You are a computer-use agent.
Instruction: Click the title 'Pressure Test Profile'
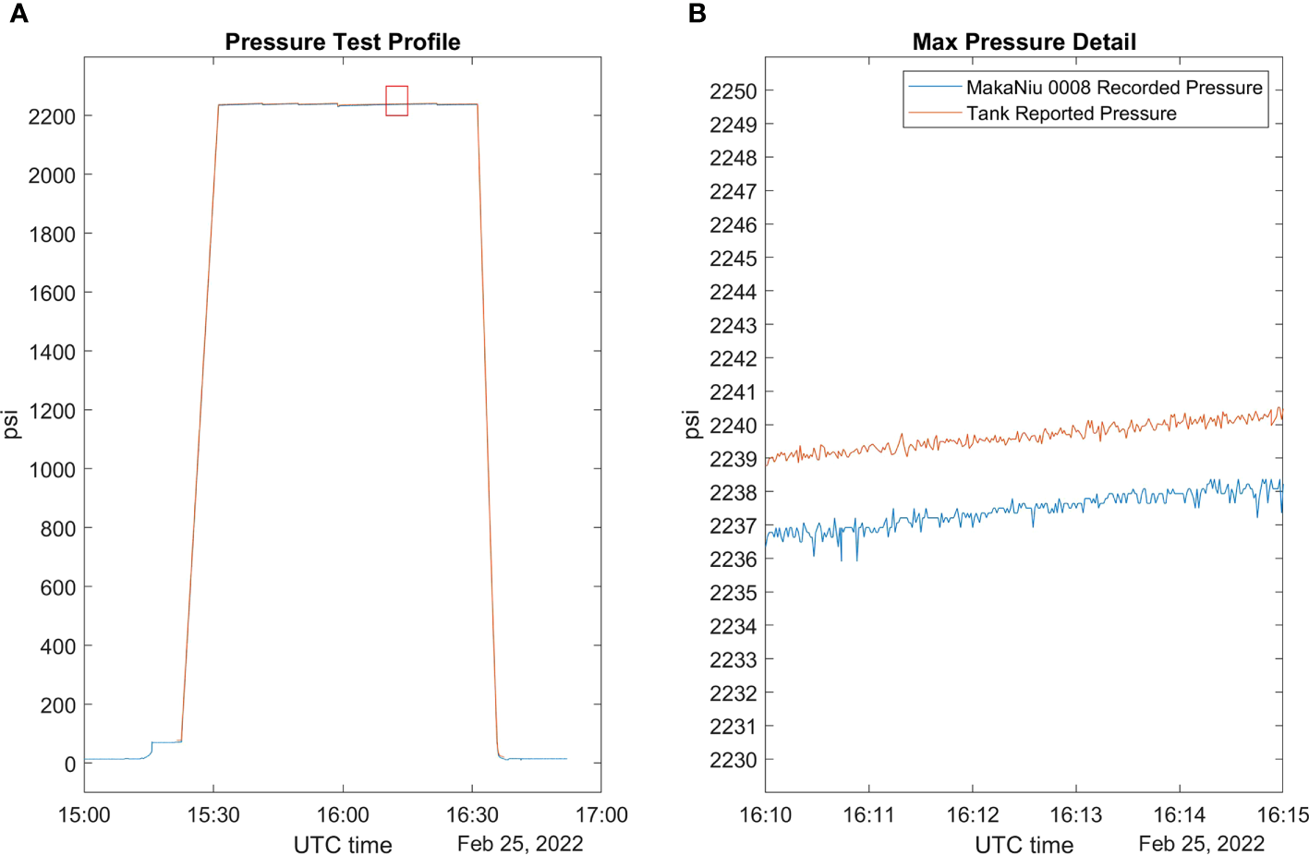coord(342,42)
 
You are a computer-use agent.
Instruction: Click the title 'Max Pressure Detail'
coord(1024,42)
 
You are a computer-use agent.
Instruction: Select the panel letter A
coord(18,14)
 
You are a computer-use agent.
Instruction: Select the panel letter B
coord(697,14)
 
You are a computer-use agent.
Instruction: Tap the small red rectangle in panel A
coord(396,101)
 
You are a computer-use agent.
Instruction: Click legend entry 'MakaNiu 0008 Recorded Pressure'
coord(1113,88)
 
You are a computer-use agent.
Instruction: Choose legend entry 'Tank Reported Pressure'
coord(1071,114)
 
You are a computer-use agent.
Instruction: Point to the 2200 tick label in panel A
coord(52,116)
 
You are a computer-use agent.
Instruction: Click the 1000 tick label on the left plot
coord(52,470)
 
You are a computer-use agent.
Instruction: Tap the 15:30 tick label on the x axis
coord(213,815)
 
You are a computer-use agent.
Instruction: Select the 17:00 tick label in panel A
coord(601,815)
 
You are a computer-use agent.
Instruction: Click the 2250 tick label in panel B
coord(733,91)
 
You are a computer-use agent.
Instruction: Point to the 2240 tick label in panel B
coord(733,426)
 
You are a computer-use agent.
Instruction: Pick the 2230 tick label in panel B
coord(733,761)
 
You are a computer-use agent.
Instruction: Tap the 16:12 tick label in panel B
coord(972,815)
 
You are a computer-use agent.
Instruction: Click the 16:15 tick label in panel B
coord(1282,815)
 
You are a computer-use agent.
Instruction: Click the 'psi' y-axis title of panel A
coord(11,424)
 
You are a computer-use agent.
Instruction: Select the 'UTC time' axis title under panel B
coord(1024,845)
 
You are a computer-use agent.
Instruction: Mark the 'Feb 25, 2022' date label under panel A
coord(520,844)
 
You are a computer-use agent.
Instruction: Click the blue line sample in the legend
coord(935,88)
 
